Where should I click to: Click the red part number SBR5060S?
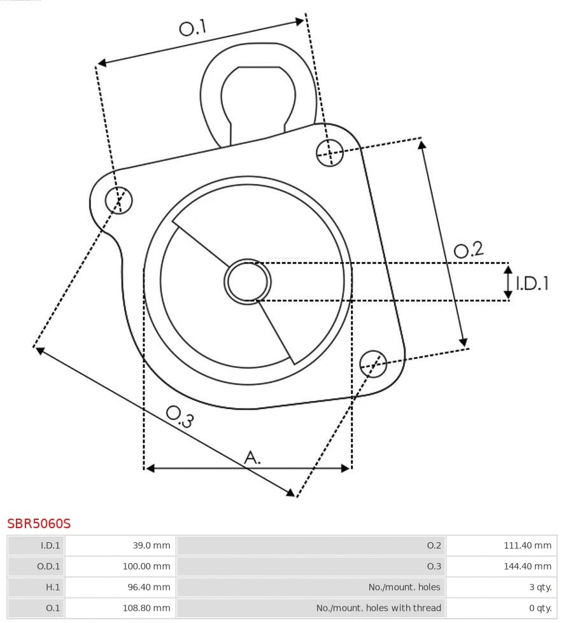[39, 524]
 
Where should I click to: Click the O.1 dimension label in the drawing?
[193, 28]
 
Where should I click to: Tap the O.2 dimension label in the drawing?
[468, 250]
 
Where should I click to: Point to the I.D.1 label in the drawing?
[532, 283]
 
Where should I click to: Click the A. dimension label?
[253, 457]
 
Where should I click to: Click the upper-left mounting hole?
[119, 200]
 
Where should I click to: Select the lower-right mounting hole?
[373, 363]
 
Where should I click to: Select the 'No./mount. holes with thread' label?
[378, 608]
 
